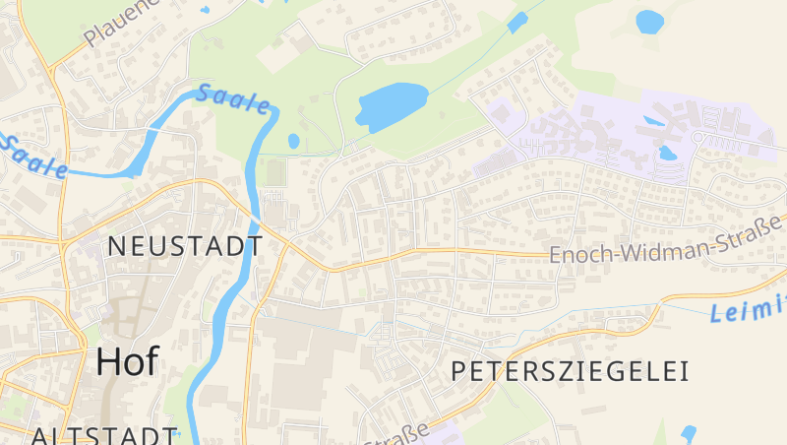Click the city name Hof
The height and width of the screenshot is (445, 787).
tap(127, 362)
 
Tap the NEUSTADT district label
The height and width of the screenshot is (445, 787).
tap(185, 246)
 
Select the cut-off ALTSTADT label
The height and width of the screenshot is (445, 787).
tap(103, 435)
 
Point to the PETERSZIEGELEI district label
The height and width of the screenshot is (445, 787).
tap(570, 371)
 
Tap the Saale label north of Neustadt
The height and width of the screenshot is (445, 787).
tap(233, 98)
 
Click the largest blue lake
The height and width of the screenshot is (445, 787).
tap(392, 105)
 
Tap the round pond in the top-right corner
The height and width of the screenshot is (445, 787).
tap(649, 21)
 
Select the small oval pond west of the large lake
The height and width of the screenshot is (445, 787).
tap(293, 141)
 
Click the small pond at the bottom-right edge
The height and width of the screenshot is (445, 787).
tap(688, 433)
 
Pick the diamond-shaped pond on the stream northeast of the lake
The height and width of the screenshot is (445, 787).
tap(517, 23)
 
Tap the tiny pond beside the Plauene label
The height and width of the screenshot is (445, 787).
tap(205, 10)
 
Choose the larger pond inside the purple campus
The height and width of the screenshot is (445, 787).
tap(667, 153)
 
